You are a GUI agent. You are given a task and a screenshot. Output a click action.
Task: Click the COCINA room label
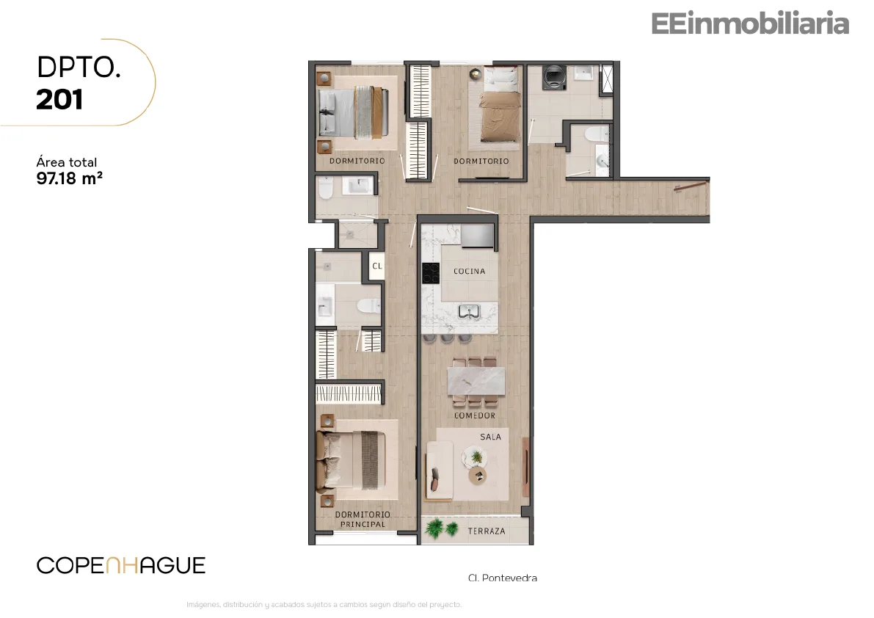470,272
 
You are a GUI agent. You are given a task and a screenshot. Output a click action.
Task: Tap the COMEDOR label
474,415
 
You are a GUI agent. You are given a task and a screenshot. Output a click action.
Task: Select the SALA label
490,437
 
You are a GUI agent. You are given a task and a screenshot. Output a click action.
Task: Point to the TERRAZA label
486,531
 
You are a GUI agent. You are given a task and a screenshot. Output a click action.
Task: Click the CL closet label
377,266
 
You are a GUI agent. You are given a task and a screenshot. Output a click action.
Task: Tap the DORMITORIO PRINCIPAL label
363,520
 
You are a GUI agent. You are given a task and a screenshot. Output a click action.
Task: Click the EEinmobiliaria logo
750,23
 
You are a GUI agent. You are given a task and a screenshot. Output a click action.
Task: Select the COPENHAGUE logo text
121,566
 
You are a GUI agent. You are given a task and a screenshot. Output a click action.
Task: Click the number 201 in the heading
59,100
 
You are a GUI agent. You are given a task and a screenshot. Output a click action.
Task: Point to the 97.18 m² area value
70,178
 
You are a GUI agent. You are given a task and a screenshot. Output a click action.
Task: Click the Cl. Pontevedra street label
503,578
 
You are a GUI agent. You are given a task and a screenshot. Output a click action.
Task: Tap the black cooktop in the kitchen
430,273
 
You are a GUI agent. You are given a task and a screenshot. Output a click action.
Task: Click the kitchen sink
469,311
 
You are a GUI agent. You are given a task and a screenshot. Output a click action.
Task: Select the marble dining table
476,381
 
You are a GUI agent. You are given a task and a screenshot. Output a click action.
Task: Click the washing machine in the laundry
554,78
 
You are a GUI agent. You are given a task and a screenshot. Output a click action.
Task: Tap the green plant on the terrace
441,528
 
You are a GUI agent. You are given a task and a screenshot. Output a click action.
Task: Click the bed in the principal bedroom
352,461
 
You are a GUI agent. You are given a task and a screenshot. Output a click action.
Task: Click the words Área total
66,162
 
